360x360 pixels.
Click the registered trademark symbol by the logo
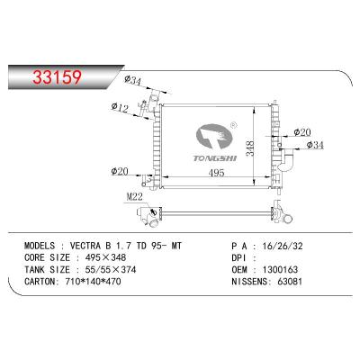(234, 126)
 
